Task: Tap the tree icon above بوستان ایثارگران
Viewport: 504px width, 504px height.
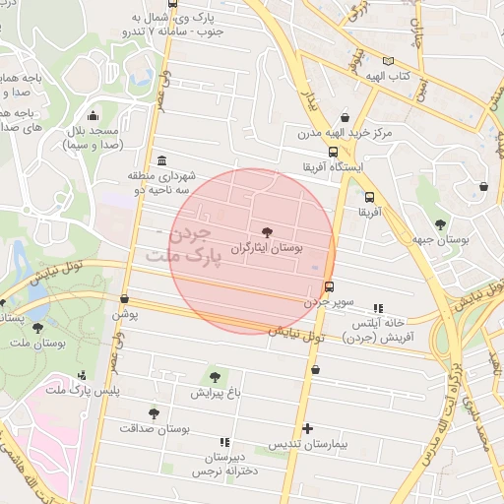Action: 268,231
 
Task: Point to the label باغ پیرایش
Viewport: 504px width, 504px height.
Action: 216,394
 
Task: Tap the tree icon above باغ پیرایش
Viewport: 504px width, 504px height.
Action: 215,377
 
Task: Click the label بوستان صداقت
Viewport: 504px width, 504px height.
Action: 154,429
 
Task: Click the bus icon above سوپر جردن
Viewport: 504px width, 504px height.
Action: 328,287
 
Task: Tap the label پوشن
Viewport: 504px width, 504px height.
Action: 124,315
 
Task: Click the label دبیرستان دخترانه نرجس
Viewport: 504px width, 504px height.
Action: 225,465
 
